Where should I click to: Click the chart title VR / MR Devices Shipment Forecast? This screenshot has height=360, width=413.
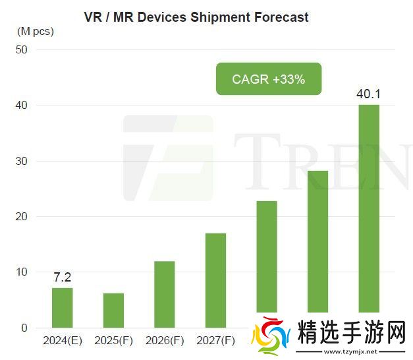coord(196,17)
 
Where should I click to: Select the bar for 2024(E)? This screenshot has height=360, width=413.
coord(62,308)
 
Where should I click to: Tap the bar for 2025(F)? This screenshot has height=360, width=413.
coord(113,311)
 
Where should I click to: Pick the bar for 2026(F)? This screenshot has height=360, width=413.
coord(164,295)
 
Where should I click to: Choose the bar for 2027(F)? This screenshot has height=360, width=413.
coord(215,280)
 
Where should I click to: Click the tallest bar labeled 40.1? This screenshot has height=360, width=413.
coord(369,208)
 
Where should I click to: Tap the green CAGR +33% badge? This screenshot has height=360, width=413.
coord(269,79)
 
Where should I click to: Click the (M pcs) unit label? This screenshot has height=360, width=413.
coord(36,31)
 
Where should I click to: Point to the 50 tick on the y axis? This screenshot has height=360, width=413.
coord(21,50)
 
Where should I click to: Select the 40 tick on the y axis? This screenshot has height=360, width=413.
coord(21,105)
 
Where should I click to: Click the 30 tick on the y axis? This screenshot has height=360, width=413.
coord(21,161)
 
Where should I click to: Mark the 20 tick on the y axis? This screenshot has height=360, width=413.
coord(21,216)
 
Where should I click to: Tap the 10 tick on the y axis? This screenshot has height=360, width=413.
coord(21,272)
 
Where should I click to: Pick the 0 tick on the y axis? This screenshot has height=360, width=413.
coord(24,328)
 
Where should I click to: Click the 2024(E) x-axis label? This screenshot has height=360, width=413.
coord(62,342)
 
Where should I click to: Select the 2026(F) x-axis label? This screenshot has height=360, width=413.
coord(165,342)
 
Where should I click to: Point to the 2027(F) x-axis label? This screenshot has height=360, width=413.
coord(215,342)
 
